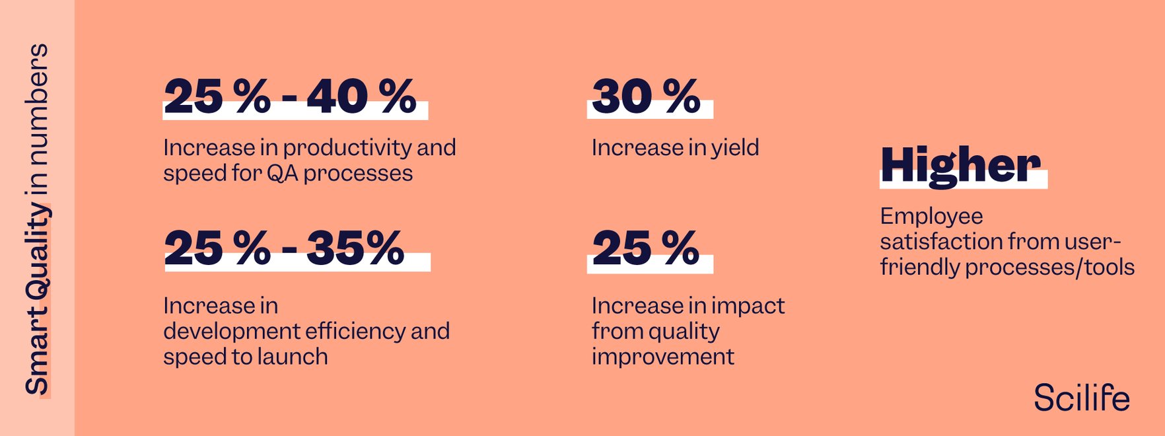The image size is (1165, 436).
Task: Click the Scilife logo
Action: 1081,398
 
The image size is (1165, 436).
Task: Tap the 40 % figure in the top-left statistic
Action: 361,96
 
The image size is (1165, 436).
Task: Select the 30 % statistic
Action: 646,96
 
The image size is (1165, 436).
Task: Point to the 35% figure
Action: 355,248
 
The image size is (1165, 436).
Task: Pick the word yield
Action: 735,147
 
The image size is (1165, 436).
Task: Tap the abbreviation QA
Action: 283,173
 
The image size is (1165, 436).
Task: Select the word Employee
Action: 931,216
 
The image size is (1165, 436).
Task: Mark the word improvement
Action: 662,357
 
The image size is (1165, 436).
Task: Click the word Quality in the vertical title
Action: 37,254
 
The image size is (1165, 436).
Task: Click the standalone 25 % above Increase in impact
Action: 646,248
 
